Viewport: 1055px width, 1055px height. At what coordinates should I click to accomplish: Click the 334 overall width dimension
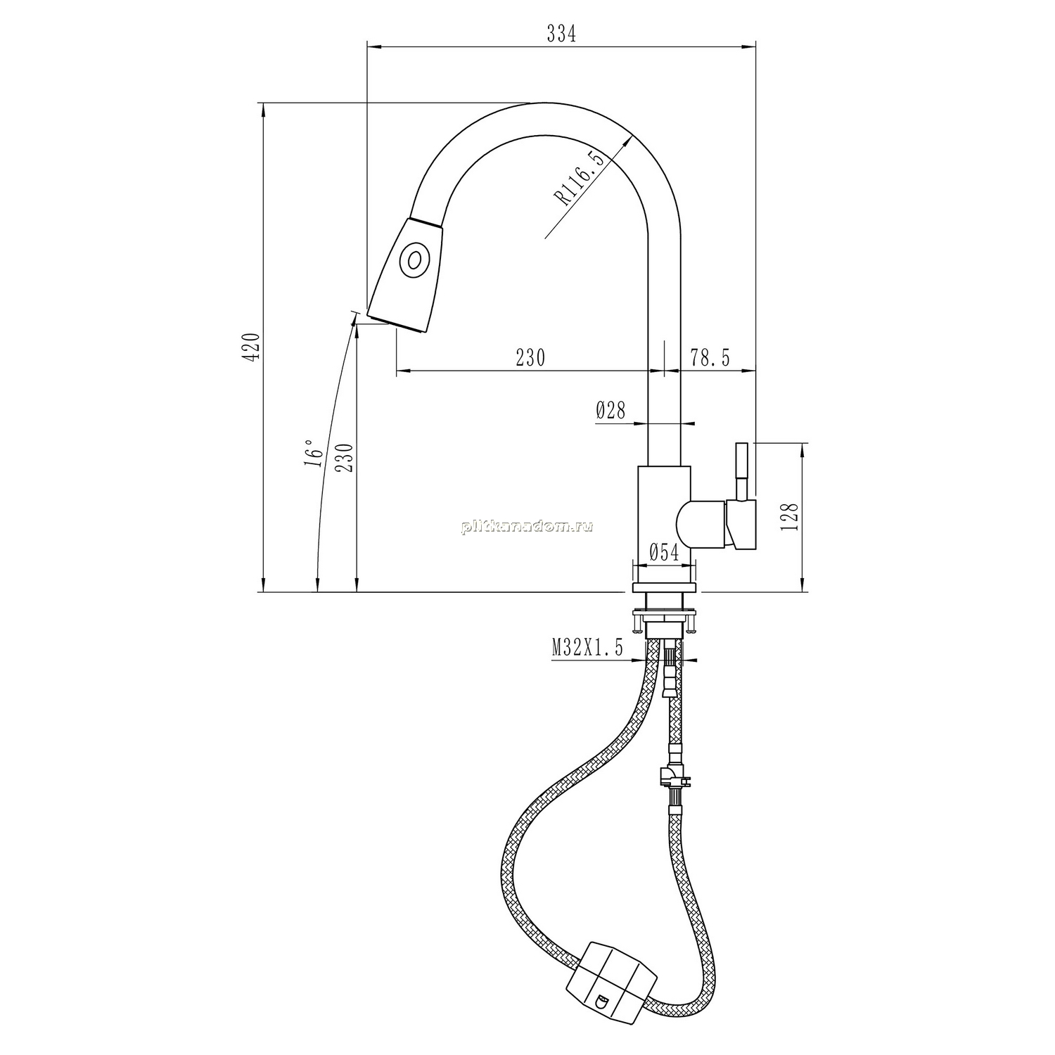pos(561,34)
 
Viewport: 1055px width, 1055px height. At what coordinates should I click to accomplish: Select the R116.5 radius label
pos(579,179)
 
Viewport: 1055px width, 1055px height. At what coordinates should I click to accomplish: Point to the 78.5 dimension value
pos(710,358)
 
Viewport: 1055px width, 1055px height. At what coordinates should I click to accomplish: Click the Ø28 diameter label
pos(610,409)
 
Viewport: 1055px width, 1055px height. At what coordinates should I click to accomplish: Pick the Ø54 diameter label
pos(664,553)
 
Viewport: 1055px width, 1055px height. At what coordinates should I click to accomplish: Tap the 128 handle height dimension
pos(791,517)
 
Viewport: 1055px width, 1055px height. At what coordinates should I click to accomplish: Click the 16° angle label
pos(314,453)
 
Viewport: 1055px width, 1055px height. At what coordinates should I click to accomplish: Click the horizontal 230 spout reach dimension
pos(530,358)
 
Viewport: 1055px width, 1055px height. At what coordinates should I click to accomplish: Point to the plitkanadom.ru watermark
pos(527,527)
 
